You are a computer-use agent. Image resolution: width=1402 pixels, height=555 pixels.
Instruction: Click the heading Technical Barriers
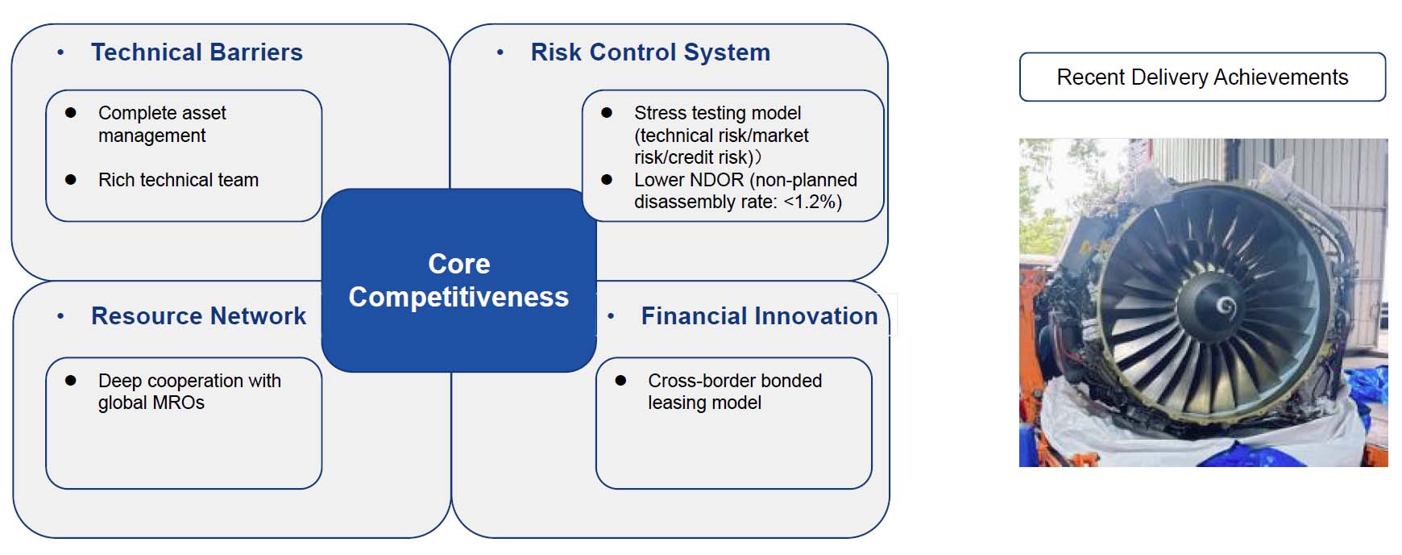(x=197, y=52)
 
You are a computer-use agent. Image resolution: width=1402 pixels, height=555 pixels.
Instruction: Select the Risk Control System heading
(x=650, y=52)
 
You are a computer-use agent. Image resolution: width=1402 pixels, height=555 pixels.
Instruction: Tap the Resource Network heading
(x=198, y=316)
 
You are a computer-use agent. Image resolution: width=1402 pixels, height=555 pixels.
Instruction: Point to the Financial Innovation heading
(x=759, y=316)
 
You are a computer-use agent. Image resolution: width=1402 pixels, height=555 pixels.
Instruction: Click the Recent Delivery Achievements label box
(x=1201, y=77)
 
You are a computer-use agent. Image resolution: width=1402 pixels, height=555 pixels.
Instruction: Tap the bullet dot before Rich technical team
(x=71, y=180)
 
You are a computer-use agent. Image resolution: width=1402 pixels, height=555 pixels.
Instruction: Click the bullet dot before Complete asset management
(x=71, y=113)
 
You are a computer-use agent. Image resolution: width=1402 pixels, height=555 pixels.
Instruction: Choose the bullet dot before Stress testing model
(x=607, y=113)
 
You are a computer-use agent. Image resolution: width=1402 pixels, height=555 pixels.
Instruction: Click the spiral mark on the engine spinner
(x=1226, y=306)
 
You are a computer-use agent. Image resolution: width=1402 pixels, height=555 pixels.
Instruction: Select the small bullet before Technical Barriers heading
(x=60, y=53)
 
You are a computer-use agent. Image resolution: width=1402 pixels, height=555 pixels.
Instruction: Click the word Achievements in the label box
(x=1280, y=77)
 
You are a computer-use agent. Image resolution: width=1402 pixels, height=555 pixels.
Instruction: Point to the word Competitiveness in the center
(x=458, y=297)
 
